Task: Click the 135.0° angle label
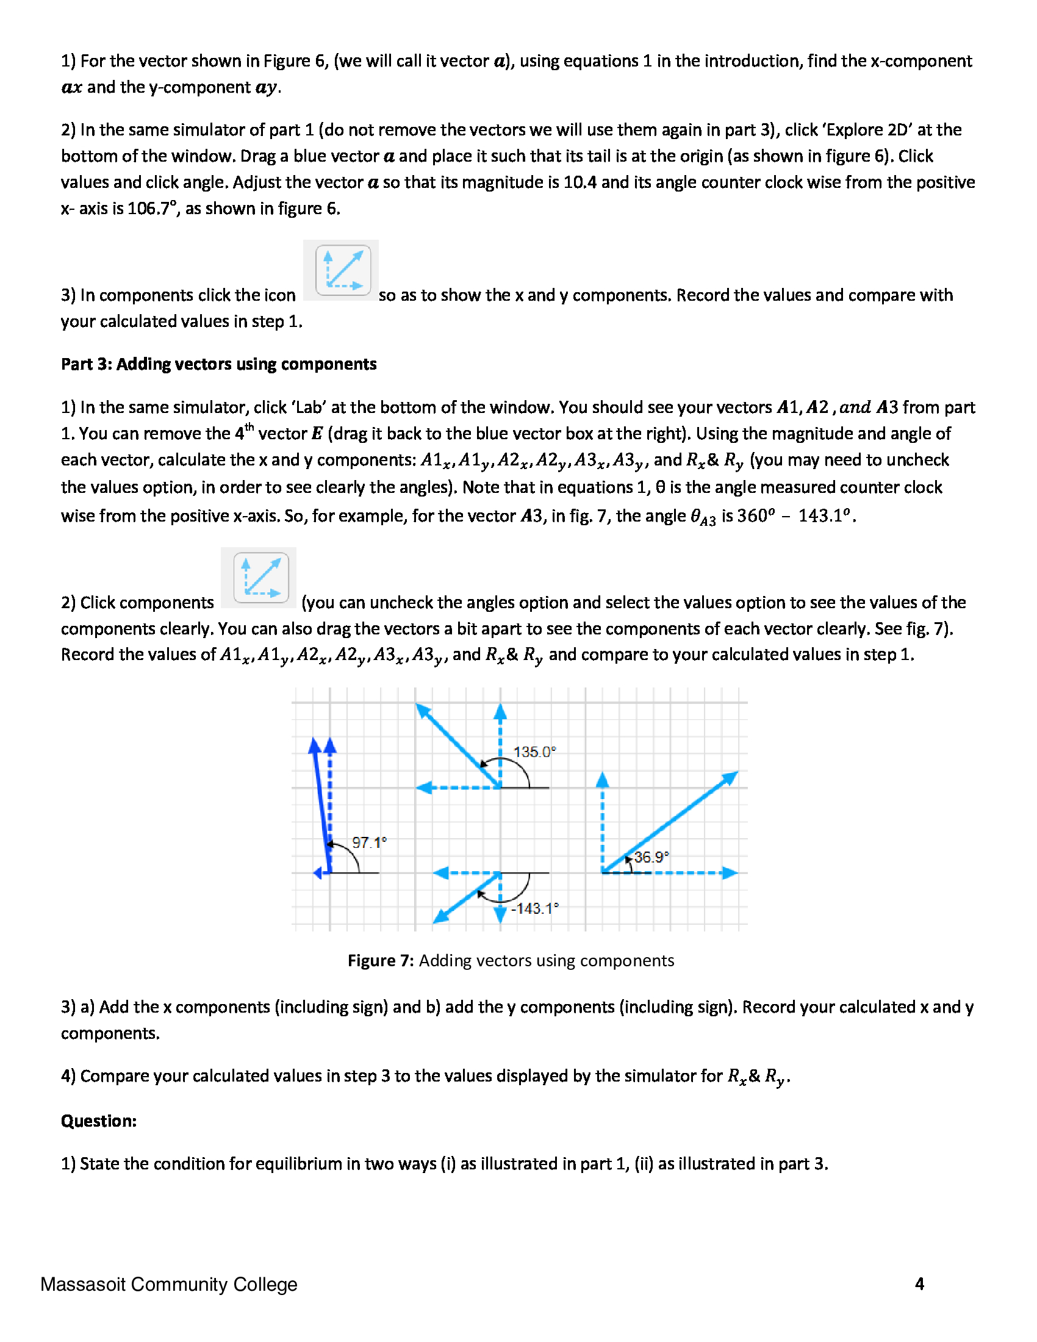534,752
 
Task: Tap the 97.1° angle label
369,842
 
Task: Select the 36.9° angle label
651,857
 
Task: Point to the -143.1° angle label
536,908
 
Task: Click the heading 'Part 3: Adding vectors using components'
219,364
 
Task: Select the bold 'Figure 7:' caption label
381,960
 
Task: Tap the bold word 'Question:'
98,1121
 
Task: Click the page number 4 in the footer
919,1283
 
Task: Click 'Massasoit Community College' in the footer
169,1284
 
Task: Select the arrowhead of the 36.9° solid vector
731,777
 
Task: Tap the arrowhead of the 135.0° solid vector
423,710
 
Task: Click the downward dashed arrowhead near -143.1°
500,916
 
